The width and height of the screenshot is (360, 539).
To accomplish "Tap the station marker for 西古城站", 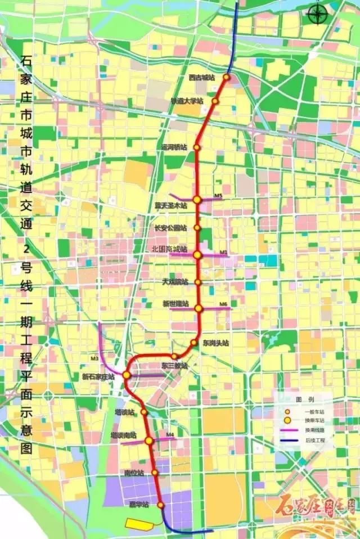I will click(227, 77).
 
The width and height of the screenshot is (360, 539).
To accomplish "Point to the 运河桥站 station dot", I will click(197, 147).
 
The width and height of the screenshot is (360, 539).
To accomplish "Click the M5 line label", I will click(219, 196).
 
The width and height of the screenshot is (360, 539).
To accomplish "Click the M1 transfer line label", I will click(224, 253).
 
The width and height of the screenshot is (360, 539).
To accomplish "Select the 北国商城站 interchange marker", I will click(197, 255).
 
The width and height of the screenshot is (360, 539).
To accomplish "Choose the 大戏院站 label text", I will click(175, 281).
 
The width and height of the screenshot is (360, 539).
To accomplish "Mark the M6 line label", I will click(223, 304).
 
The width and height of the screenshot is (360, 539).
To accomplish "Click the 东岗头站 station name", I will click(216, 343).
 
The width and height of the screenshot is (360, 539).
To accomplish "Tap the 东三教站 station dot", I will click(175, 356).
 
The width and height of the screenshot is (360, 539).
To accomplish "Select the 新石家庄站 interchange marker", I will click(127, 375).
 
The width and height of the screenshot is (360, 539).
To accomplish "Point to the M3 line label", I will click(94, 358).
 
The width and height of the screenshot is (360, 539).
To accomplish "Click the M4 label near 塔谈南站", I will click(170, 434).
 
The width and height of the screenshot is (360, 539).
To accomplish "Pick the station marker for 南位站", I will click(155, 473).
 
